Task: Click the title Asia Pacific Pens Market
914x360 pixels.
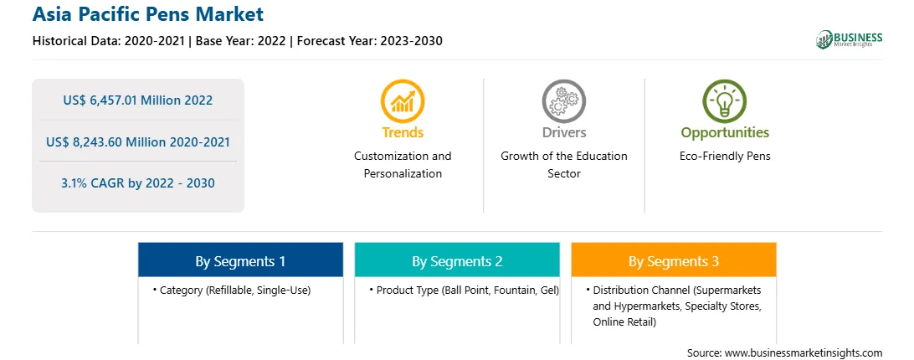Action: tap(148, 14)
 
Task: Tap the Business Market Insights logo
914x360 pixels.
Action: tap(850, 39)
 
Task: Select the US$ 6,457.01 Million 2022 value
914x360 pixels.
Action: tap(138, 100)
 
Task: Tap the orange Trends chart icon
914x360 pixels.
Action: tap(403, 101)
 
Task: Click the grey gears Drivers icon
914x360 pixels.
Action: tap(563, 101)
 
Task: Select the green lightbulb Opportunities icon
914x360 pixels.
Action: tap(725, 101)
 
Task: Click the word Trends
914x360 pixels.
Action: tap(403, 132)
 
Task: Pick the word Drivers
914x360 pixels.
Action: tap(563, 132)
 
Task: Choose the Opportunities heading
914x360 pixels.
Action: tap(725, 133)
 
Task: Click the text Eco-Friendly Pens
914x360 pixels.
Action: tap(725, 157)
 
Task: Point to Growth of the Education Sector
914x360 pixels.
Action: tap(563, 165)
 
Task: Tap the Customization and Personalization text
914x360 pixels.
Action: tap(403, 165)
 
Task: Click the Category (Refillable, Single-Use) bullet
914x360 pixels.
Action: tap(232, 290)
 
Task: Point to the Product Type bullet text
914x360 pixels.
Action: tap(464, 290)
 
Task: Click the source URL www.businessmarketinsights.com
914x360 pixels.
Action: tap(804, 352)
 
